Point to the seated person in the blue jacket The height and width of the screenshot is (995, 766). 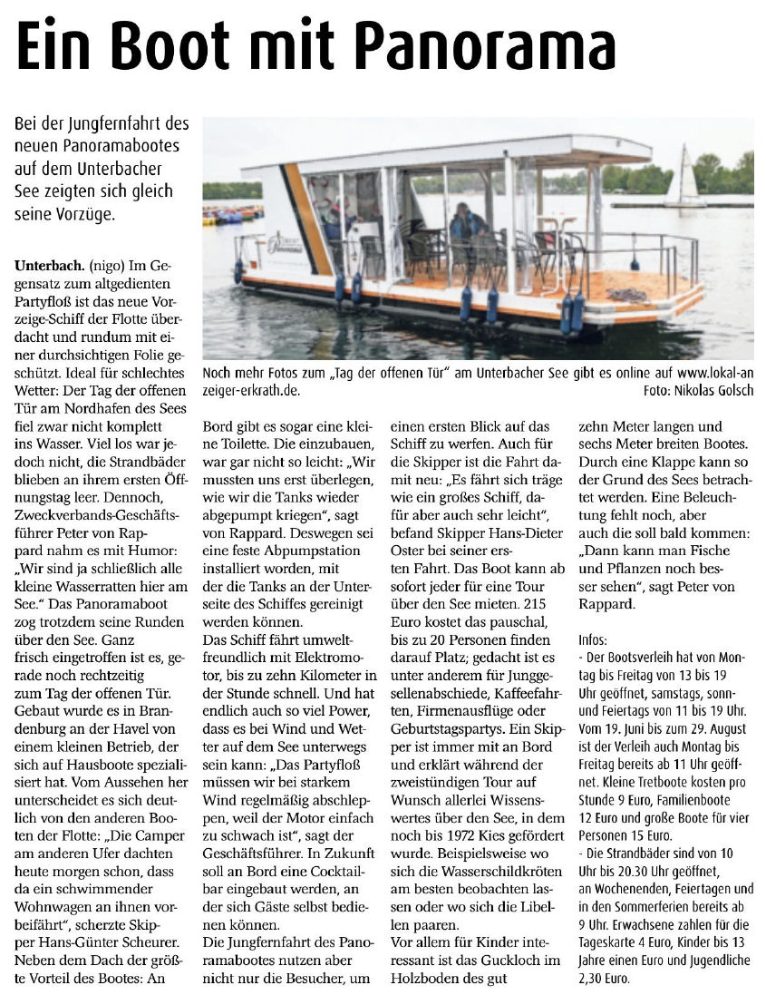469,222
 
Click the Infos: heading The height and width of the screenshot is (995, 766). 594,639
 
